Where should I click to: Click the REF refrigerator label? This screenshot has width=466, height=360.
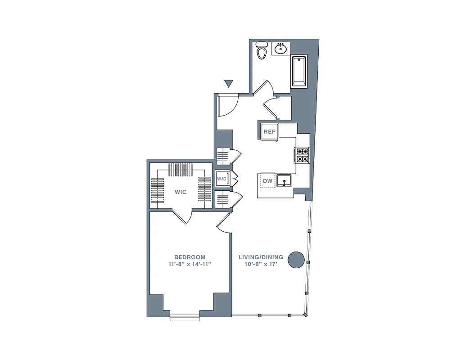(x=269, y=132)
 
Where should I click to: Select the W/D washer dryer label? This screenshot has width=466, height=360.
(x=222, y=179)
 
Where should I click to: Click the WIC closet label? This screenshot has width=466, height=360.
(x=181, y=192)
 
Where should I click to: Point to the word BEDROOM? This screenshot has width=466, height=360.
(x=190, y=257)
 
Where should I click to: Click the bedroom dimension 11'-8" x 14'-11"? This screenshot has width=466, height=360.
(x=190, y=264)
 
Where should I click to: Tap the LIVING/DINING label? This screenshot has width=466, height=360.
(x=261, y=257)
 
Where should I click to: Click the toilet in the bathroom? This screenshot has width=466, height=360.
(x=261, y=52)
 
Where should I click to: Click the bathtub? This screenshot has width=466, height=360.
(x=299, y=72)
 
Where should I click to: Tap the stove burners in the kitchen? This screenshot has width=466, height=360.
(x=302, y=155)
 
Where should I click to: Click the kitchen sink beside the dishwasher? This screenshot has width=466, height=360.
(x=285, y=181)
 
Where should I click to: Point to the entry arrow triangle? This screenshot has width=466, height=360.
(x=229, y=83)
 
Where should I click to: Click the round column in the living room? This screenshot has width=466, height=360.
(x=296, y=260)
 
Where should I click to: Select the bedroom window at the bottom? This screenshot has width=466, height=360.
(x=185, y=317)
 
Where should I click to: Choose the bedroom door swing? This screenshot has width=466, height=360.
(x=224, y=223)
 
